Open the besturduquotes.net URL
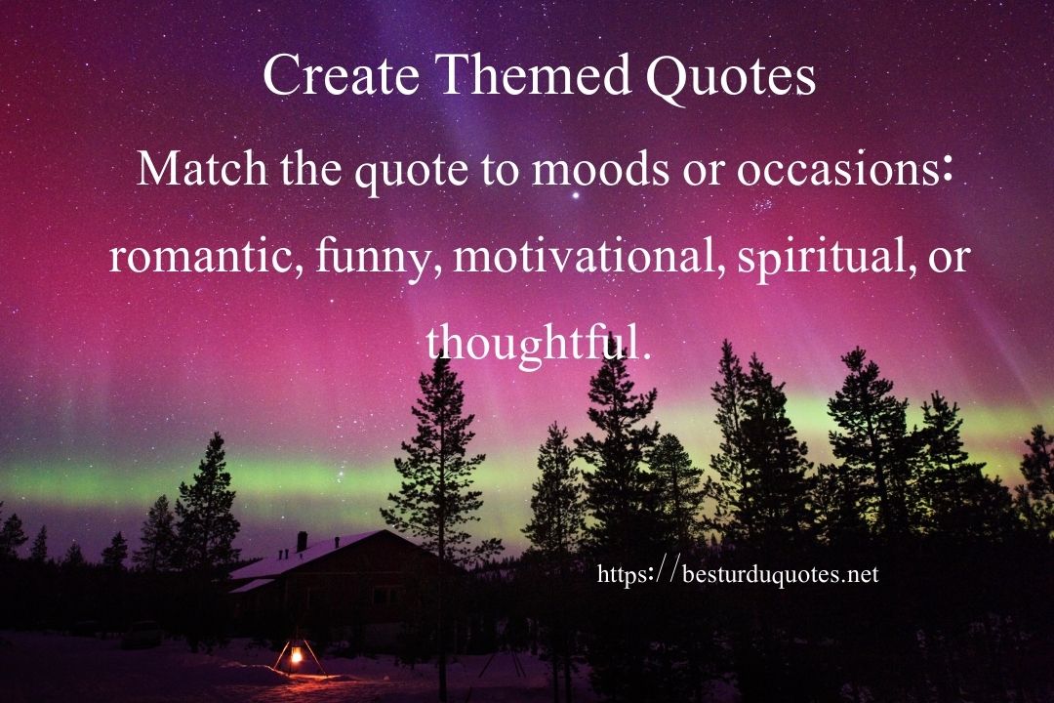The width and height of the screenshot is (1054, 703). [737, 574]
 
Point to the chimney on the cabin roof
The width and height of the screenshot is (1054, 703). [302, 540]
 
